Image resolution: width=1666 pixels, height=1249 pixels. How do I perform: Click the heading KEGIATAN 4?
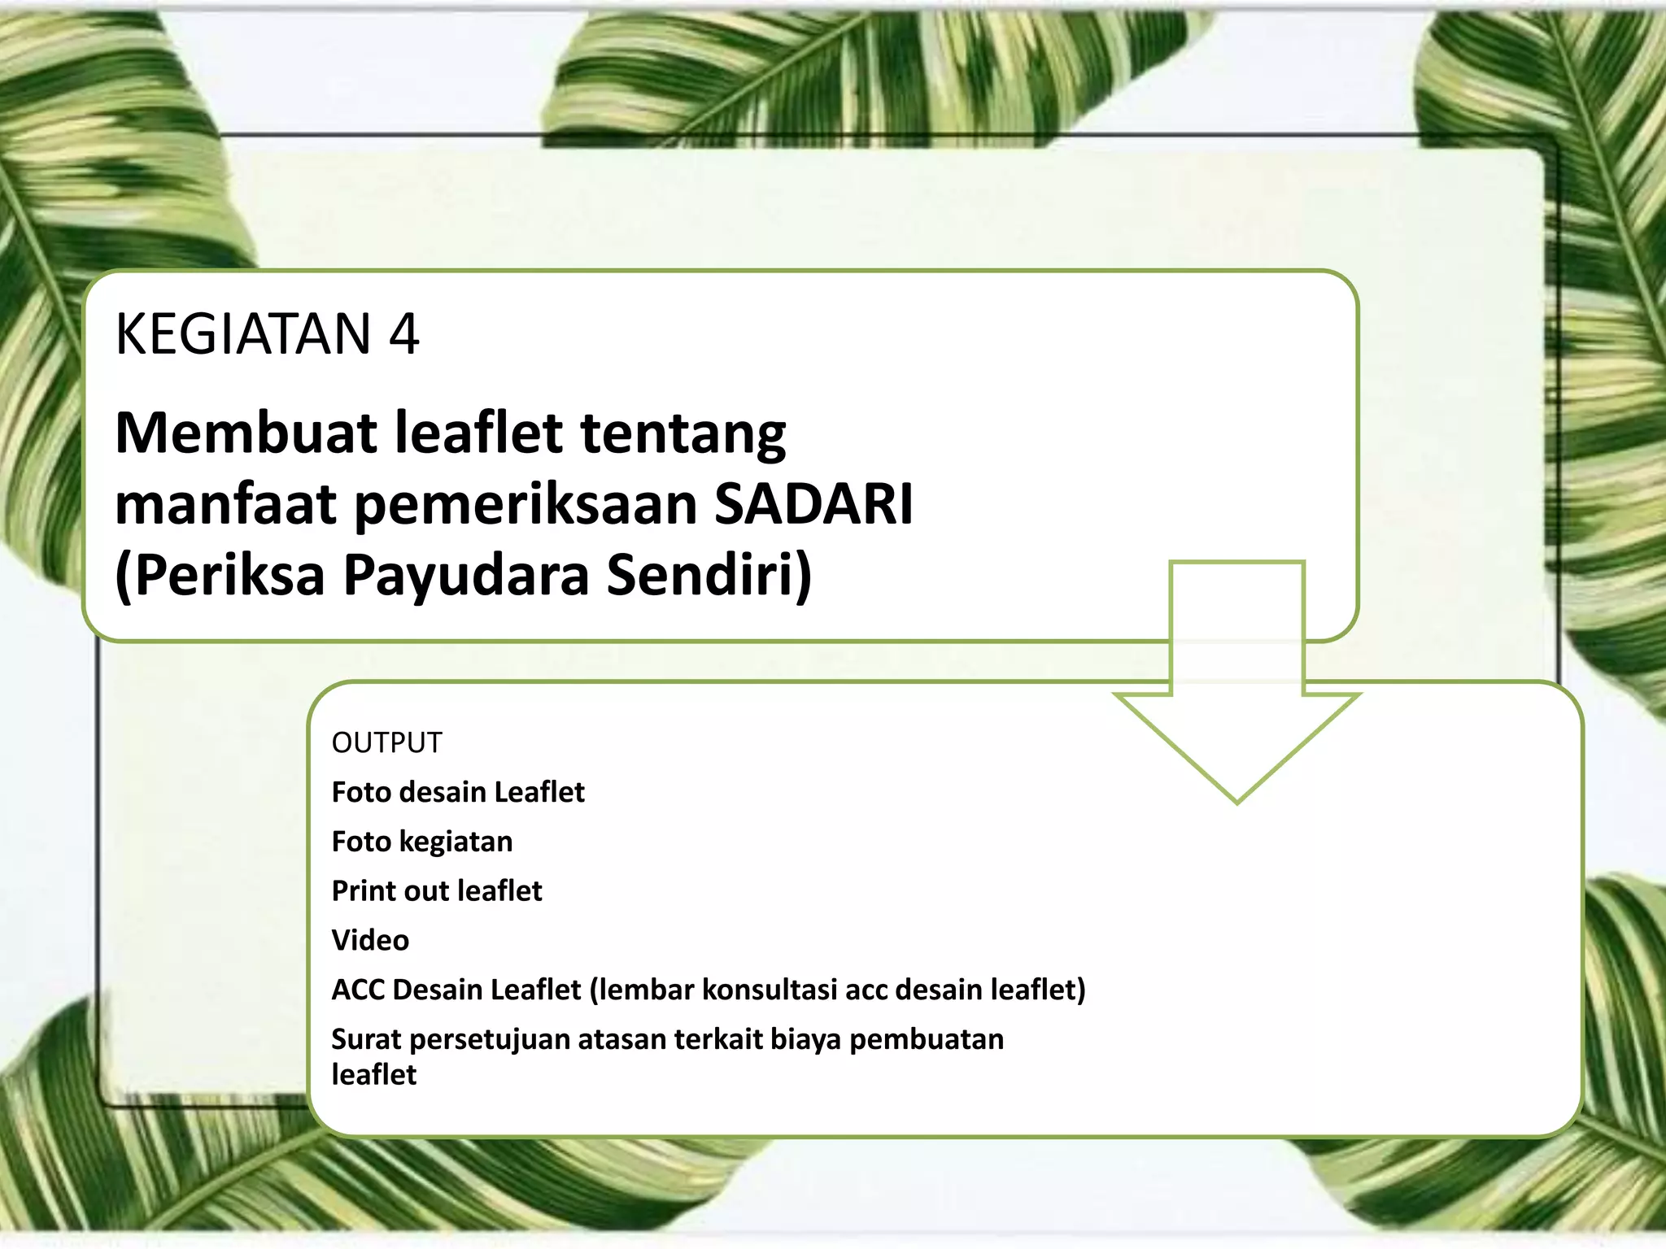(267, 334)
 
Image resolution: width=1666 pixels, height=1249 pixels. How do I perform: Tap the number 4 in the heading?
(403, 334)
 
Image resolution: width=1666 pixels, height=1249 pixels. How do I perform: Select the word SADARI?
(813, 504)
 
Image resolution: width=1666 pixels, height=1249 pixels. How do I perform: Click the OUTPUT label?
(386, 743)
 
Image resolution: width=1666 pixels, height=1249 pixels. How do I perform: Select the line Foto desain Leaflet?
(458, 792)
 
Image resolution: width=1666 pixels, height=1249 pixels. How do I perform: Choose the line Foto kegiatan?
(422, 842)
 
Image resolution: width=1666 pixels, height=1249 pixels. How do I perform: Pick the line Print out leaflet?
(437, 891)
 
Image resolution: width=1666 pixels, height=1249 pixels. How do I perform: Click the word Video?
(370, 941)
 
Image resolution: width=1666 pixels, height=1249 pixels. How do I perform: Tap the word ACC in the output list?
(358, 990)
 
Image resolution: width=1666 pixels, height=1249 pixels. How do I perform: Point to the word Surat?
(366, 1040)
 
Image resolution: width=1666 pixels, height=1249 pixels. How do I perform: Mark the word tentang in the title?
(683, 434)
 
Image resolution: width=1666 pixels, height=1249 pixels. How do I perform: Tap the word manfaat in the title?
(225, 504)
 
